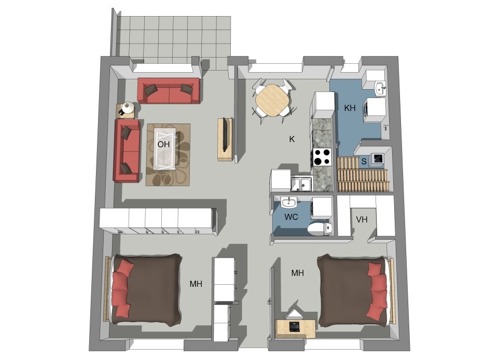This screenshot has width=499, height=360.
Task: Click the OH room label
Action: point(163,145)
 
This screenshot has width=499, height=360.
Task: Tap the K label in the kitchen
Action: point(292,139)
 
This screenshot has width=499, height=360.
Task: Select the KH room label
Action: point(350,108)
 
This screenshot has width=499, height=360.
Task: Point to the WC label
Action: point(291,217)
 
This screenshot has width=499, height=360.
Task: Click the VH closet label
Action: point(362,219)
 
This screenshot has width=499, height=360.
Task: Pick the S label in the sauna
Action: point(364,162)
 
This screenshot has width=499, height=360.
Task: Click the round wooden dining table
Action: point(272,100)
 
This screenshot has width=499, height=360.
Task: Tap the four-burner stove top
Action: point(322,157)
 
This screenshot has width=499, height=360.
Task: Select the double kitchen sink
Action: point(301,184)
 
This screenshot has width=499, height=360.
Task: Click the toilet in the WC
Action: point(320,229)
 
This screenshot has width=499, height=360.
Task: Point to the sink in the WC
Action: point(289,202)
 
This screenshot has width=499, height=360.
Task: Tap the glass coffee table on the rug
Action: point(165,149)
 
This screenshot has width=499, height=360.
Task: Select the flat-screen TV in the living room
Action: point(225,135)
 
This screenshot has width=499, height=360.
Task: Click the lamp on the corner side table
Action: point(128,107)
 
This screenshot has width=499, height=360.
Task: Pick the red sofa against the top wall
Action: point(169,91)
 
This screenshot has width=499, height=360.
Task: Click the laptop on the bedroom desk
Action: point(294,326)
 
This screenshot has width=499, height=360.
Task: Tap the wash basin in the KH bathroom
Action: point(380,89)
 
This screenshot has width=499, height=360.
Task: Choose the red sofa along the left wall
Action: point(127,150)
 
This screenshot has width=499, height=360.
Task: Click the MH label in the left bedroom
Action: point(196,284)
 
